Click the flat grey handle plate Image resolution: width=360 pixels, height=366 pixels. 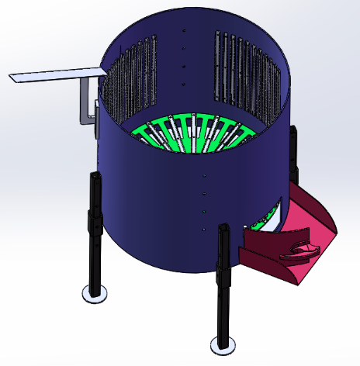point(54,75)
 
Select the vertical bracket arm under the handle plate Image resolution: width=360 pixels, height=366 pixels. point(85,101)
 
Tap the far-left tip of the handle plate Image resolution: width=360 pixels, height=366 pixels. point(12,78)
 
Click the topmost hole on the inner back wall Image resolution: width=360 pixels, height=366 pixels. point(184,32)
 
